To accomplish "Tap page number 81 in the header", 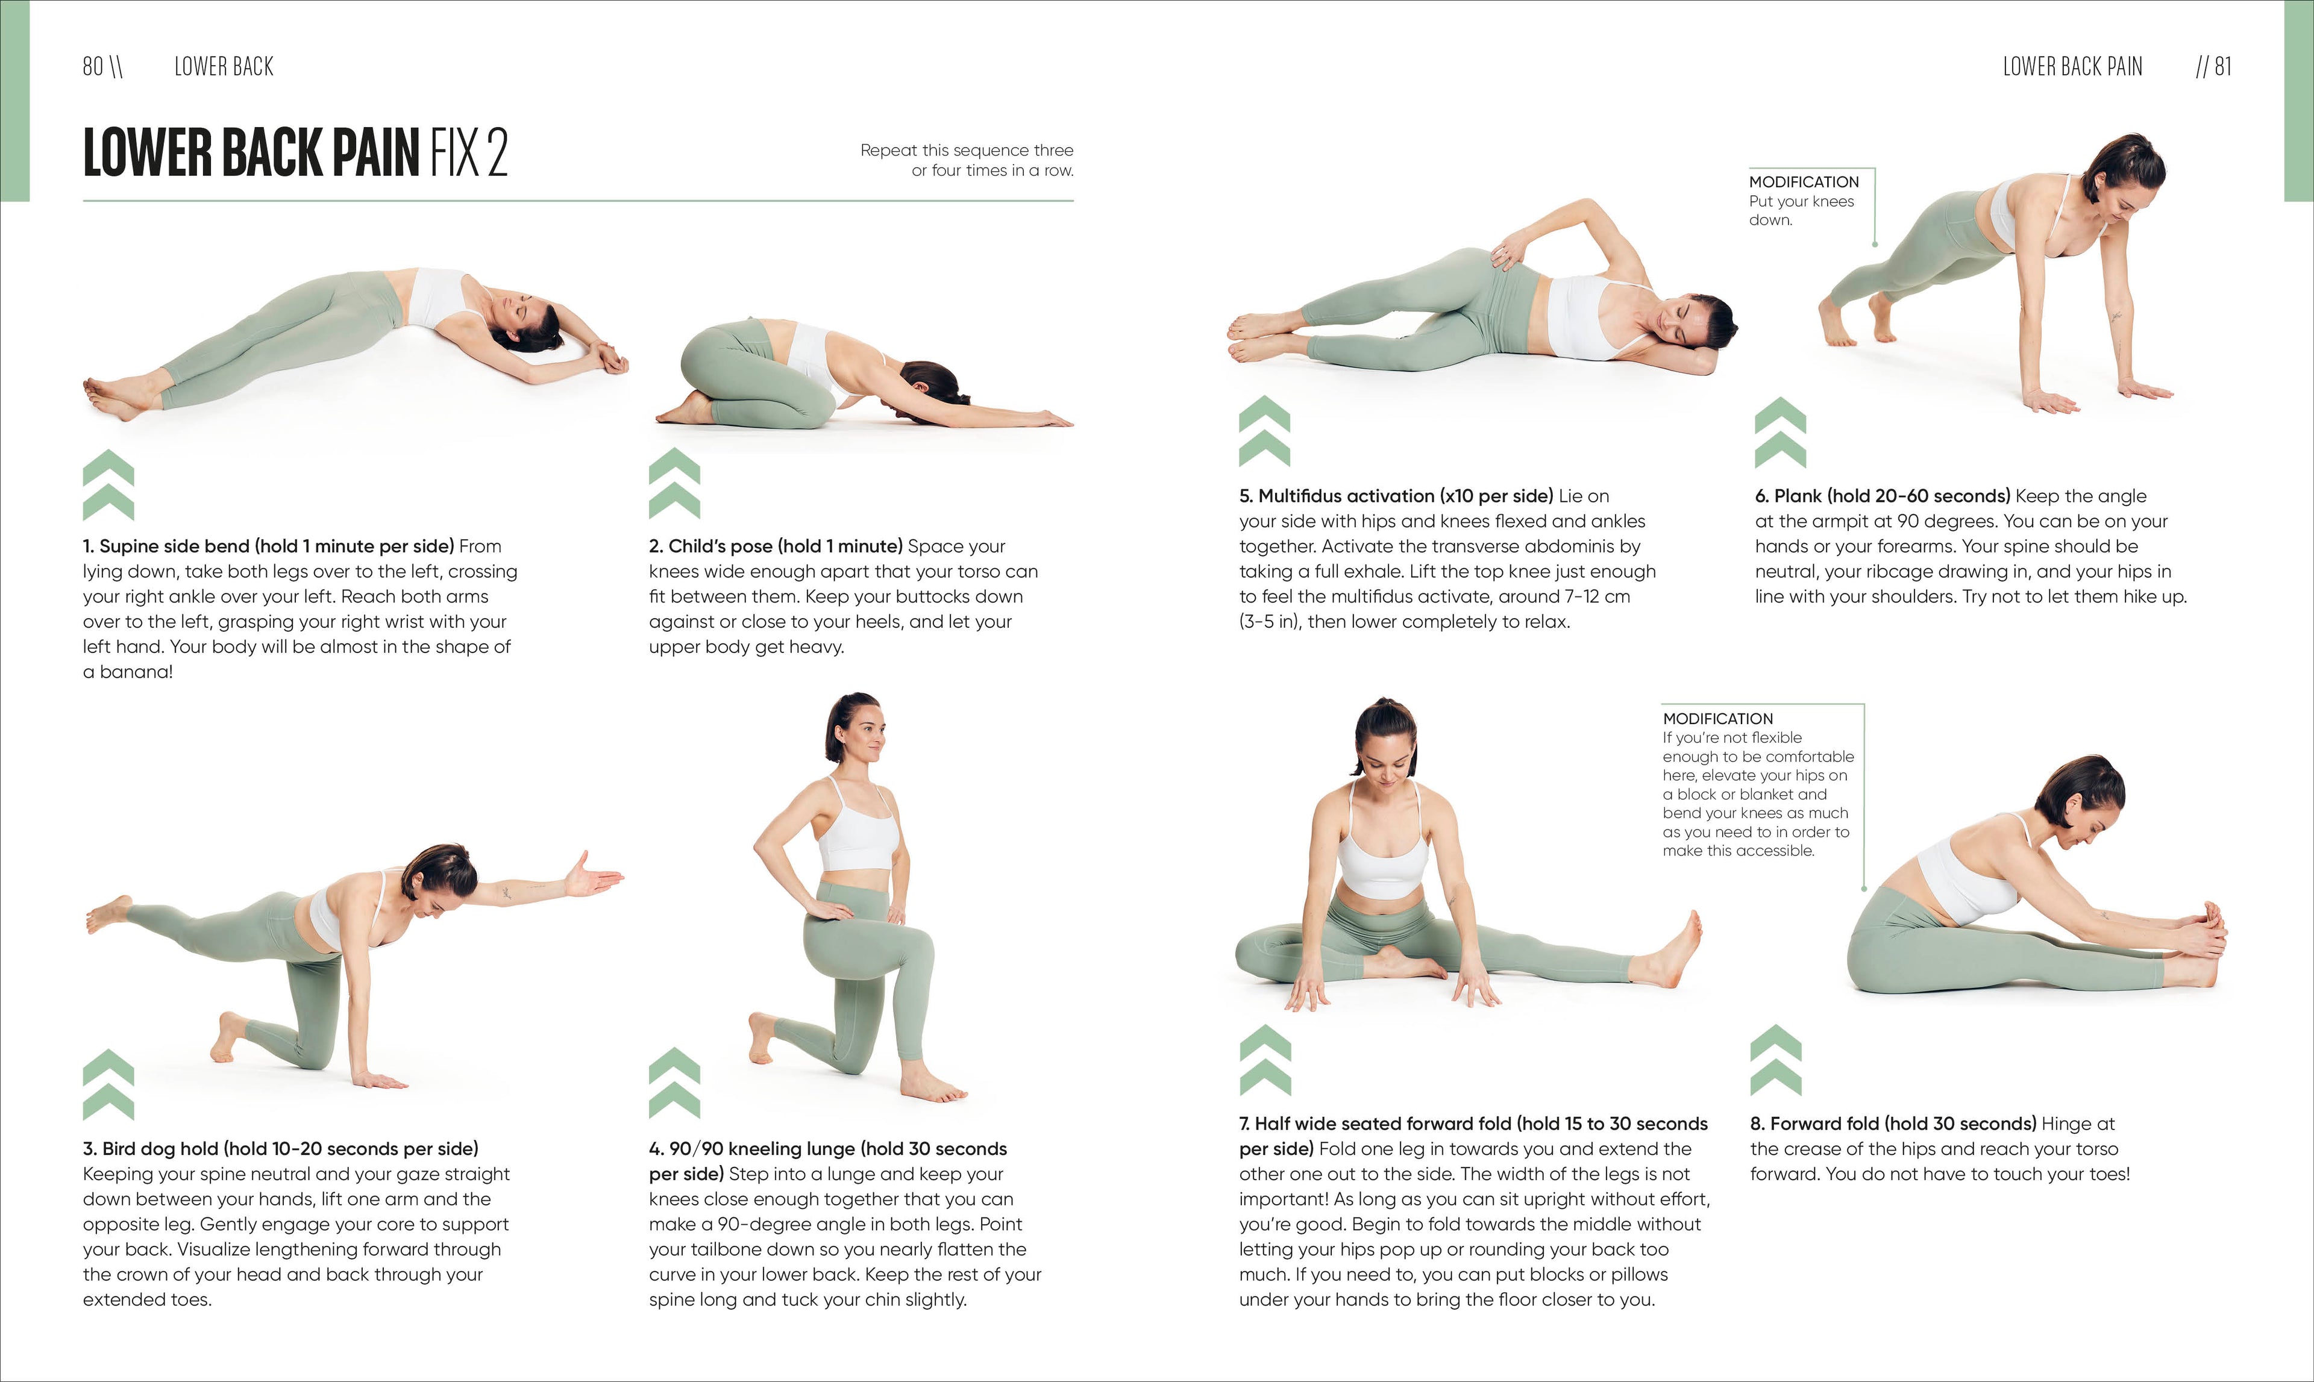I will [x=2223, y=66].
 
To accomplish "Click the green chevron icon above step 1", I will [x=108, y=484].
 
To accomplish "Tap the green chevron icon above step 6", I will [x=1779, y=432].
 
